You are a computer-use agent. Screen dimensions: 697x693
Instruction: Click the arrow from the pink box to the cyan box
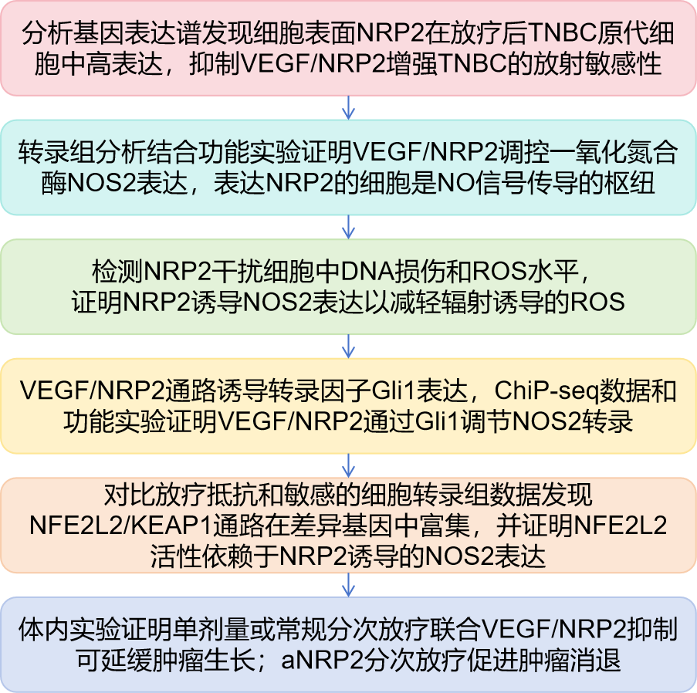[x=349, y=107]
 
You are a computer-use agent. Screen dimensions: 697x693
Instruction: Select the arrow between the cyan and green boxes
[x=349, y=227]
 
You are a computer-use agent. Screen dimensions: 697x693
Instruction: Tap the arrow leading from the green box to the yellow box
[x=349, y=346]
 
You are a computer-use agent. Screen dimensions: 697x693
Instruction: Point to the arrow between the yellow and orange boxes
[x=349, y=465]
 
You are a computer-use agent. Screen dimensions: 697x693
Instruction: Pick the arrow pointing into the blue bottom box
[x=349, y=585]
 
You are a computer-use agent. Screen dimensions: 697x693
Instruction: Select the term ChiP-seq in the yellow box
[x=546, y=390]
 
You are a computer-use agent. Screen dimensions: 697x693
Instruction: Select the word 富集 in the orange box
[x=444, y=526]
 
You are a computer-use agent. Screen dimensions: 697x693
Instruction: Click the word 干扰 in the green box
[x=238, y=271]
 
